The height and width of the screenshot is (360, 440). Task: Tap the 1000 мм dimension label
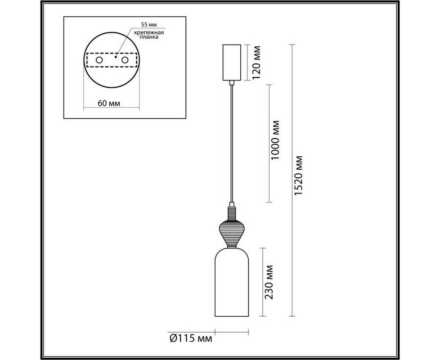[275, 140]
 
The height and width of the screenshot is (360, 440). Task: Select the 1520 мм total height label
[298, 175]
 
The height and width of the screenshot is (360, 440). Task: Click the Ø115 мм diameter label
[191, 338]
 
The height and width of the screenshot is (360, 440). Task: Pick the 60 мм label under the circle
[109, 103]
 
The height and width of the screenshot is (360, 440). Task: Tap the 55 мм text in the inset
[149, 25]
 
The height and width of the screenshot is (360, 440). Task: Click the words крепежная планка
[149, 35]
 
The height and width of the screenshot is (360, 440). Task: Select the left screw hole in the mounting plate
[99, 60]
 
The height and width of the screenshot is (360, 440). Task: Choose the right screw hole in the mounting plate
[125, 60]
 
